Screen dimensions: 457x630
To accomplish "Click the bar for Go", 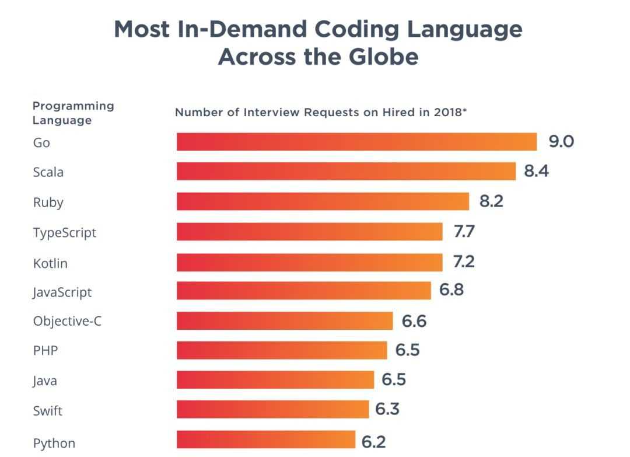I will coord(356,142).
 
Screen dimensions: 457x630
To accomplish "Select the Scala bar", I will coord(346,172).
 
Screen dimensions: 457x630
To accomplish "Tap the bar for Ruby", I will coord(323,201).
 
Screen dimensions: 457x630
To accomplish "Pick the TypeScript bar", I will coord(309,232).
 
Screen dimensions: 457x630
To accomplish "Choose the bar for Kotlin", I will coord(309,262).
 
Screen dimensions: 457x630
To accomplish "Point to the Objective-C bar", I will coord(285,321).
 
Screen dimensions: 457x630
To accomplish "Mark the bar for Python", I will coord(266,440).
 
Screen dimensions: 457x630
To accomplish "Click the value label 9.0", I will coord(561,142).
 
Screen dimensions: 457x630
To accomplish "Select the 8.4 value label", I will coord(537,172).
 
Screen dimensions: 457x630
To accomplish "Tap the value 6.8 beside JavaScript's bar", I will coord(452,289).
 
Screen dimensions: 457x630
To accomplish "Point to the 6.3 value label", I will coord(387,410).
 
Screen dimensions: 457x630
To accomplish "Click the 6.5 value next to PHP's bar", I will coord(407,350).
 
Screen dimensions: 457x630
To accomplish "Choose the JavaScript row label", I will coord(62,292).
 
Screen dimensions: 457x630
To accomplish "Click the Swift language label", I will coord(48,411).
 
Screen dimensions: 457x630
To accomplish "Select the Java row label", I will coord(45,382).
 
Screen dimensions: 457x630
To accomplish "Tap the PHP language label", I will coord(45,351).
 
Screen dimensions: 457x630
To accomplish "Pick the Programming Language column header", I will coord(73,113).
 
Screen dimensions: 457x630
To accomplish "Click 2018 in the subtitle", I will coord(447,112).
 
